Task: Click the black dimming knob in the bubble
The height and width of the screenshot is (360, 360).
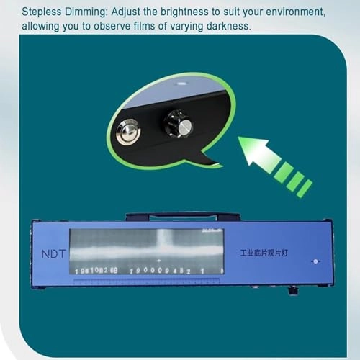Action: coord(178,124)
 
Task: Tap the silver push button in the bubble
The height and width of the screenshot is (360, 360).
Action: coord(128,132)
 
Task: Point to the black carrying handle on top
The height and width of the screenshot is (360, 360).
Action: coord(183,215)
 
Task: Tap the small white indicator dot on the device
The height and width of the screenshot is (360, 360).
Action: coord(314,261)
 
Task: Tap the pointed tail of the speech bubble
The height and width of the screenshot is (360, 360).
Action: coord(209,161)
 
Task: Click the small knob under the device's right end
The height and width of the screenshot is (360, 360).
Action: coord(292,290)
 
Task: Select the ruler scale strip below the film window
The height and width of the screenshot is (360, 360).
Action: coord(148,282)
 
